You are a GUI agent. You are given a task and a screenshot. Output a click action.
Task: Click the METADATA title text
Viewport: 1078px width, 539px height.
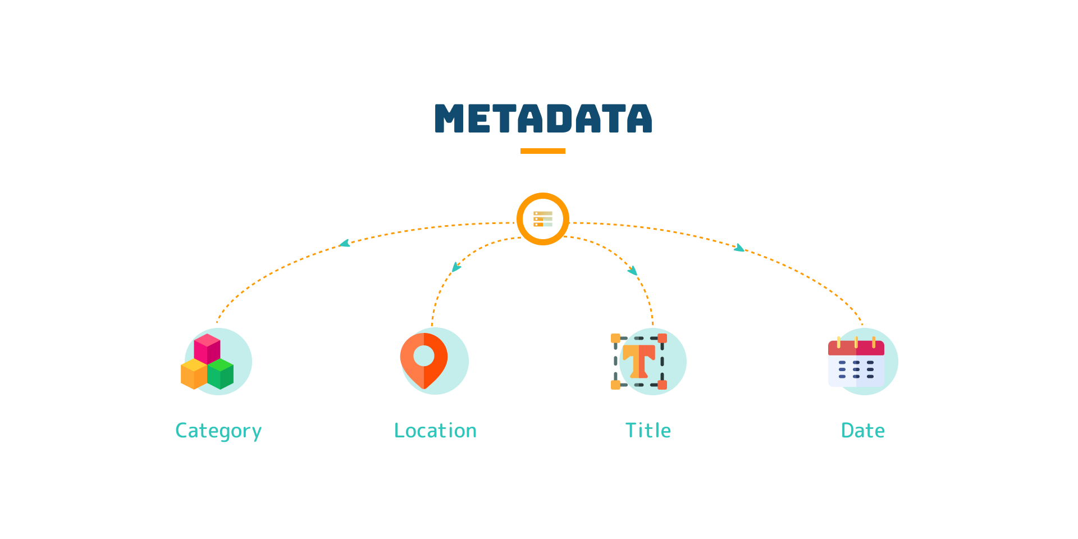543,118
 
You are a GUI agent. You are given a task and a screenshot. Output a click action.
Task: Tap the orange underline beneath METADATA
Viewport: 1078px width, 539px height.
542,151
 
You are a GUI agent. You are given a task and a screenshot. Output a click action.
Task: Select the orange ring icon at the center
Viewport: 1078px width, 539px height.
543,219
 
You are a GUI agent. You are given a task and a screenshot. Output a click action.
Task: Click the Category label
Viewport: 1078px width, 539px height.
218,431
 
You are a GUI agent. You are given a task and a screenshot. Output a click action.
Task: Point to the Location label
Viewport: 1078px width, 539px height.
435,431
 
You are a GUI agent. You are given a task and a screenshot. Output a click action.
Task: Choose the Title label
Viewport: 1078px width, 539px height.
648,431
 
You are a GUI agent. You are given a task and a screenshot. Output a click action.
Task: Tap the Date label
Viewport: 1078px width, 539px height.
862,431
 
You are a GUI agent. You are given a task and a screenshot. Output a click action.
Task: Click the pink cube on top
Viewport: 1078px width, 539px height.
207,348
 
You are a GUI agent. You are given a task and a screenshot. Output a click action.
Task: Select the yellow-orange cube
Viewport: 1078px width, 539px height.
194,374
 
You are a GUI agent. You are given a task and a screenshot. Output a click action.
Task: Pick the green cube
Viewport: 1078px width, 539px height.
221,374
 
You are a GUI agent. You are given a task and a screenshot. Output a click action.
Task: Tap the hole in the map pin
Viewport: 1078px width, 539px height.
424,355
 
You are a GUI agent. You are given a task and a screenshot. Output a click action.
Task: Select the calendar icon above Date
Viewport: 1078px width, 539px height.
856,363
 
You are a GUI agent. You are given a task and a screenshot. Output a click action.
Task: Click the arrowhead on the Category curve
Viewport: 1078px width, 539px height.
345,244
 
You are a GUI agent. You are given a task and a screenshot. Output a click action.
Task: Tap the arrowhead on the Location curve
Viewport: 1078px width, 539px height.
456,267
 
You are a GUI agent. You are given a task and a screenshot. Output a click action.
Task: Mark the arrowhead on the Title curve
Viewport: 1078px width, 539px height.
633,271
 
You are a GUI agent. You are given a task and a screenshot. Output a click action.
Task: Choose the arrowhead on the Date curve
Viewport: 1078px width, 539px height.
739,248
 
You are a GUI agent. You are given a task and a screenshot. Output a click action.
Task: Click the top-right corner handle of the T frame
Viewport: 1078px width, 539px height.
662,338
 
